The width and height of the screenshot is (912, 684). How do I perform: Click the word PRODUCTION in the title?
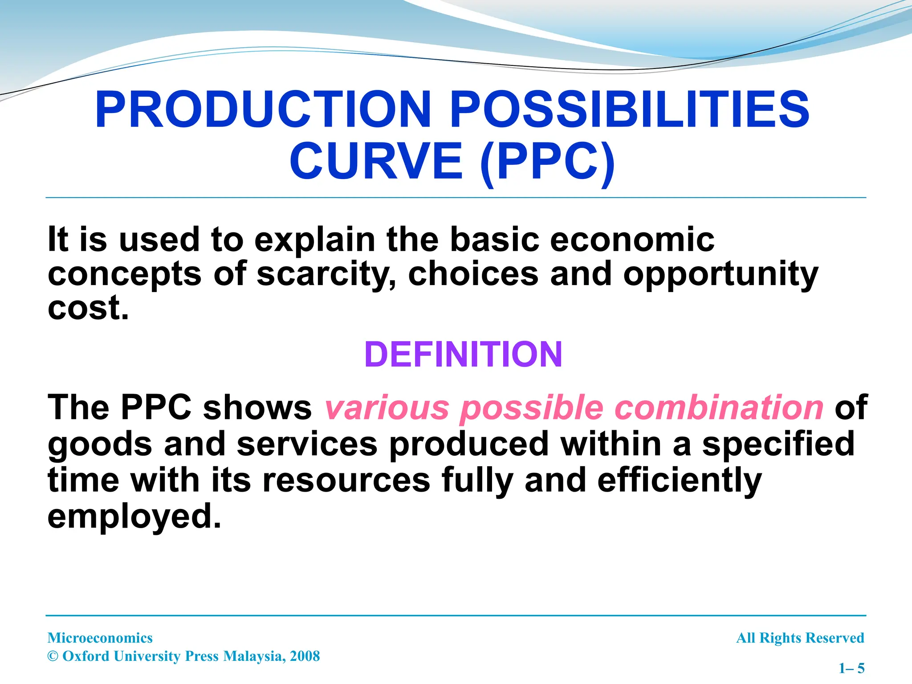(x=263, y=110)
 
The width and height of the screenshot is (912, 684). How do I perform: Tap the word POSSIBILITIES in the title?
(x=629, y=110)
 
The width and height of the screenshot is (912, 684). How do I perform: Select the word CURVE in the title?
(x=377, y=161)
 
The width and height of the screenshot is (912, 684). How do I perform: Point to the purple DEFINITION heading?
(x=463, y=354)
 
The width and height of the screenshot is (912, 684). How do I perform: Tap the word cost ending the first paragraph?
(x=88, y=308)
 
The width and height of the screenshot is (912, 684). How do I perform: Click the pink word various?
(x=387, y=407)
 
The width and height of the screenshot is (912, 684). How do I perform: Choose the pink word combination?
(x=719, y=407)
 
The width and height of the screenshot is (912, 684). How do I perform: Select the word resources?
(x=346, y=480)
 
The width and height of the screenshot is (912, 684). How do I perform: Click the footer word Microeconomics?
(x=100, y=638)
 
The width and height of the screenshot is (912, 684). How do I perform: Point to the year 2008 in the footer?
(x=305, y=656)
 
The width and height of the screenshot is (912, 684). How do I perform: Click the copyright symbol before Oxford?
(x=53, y=656)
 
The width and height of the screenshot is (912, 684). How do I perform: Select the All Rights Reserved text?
(x=800, y=638)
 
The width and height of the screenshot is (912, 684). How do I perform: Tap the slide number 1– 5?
(x=851, y=668)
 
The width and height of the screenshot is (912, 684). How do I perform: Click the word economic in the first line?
(x=632, y=240)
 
